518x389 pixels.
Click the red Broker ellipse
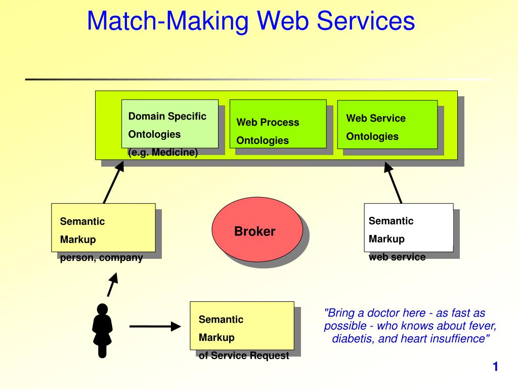(x=257, y=229)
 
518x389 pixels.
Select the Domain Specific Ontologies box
(x=170, y=124)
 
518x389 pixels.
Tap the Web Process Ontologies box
(x=278, y=124)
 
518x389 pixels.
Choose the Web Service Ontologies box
(x=387, y=125)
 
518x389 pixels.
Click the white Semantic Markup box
(x=409, y=227)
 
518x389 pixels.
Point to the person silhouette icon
(x=102, y=330)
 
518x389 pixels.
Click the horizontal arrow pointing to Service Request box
(x=155, y=327)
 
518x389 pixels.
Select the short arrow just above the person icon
(x=112, y=285)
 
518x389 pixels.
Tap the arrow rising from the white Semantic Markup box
(x=393, y=182)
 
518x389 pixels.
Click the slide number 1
(x=495, y=367)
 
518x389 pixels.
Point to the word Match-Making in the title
(x=167, y=21)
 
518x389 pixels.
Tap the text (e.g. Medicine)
(x=163, y=152)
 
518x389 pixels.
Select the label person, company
(x=101, y=258)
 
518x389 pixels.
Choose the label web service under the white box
(x=397, y=257)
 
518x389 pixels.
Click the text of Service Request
(x=244, y=356)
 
